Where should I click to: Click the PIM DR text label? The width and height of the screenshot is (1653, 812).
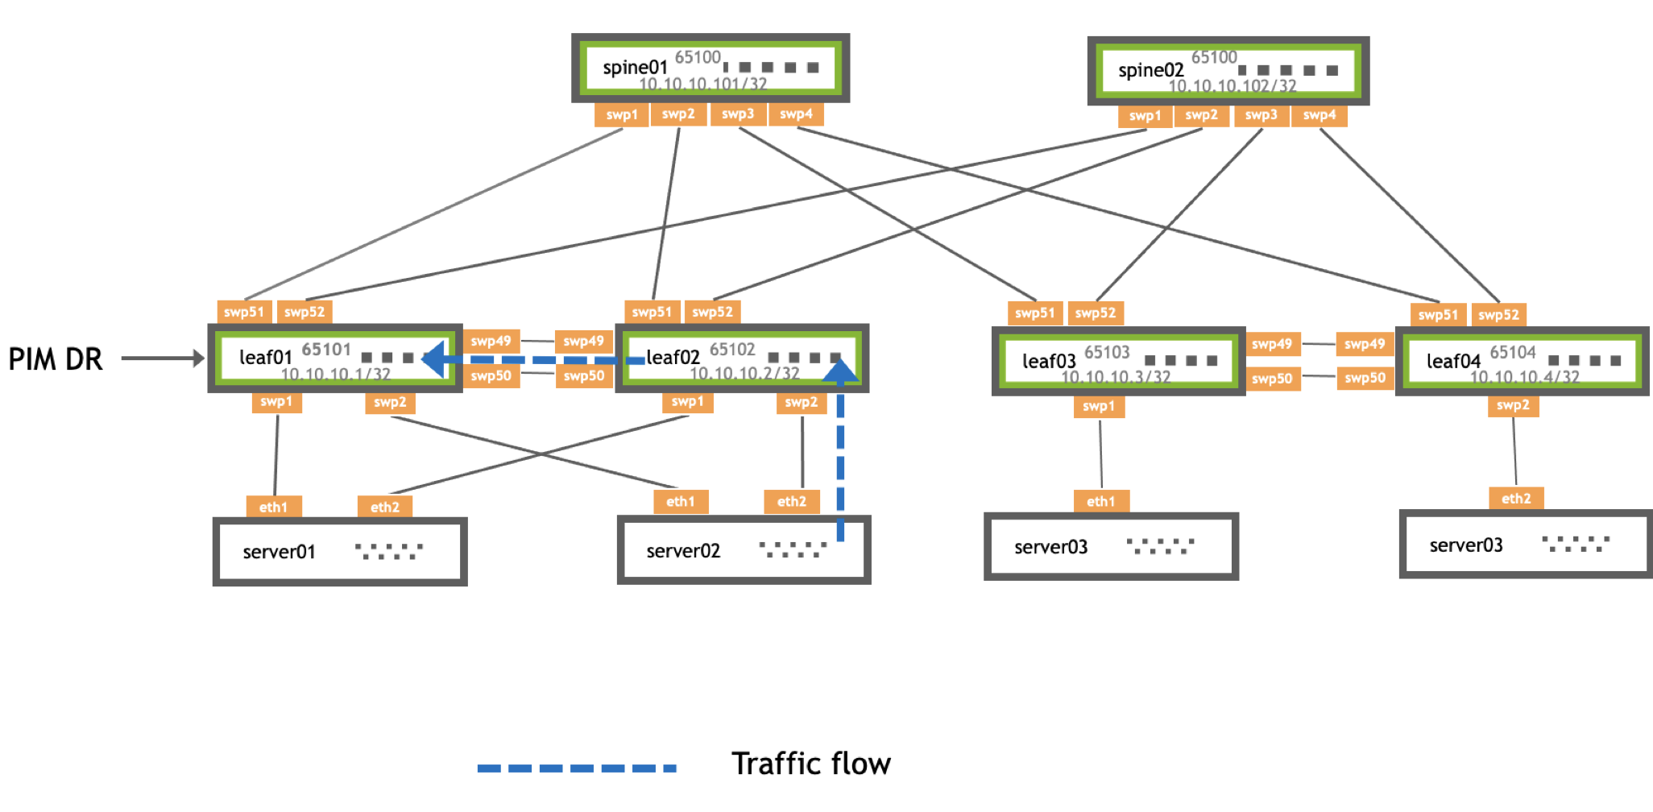click(x=56, y=359)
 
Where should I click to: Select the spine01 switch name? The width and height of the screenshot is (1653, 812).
click(x=635, y=68)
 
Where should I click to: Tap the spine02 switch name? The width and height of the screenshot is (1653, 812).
click(x=1150, y=71)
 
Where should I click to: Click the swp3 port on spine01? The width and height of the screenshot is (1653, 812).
click(x=738, y=114)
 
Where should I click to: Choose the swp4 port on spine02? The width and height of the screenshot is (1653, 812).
click(x=1319, y=115)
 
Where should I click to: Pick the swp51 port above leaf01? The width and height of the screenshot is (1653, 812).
click(x=243, y=312)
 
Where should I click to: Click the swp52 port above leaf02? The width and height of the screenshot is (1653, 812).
click(x=712, y=312)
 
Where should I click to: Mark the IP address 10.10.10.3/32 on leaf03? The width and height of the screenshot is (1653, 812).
click(x=1115, y=377)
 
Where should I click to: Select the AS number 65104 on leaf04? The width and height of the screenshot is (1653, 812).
click(x=1512, y=352)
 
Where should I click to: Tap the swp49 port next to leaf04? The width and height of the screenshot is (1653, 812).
click(x=1365, y=344)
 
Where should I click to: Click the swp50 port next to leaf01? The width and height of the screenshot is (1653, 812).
click(x=491, y=375)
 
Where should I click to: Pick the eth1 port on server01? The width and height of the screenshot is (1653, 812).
click(x=273, y=507)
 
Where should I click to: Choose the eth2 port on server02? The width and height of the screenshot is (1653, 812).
click(x=791, y=501)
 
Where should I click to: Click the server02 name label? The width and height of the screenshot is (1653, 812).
click(x=683, y=551)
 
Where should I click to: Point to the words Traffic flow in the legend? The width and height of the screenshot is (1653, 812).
click(x=810, y=764)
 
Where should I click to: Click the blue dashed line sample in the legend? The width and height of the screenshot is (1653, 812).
click(x=577, y=768)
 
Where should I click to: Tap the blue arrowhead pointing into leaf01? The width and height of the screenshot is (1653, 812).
click(x=433, y=359)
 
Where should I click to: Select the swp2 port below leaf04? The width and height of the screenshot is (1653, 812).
click(x=1512, y=405)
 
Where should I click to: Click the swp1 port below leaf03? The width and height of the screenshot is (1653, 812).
click(x=1098, y=406)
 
